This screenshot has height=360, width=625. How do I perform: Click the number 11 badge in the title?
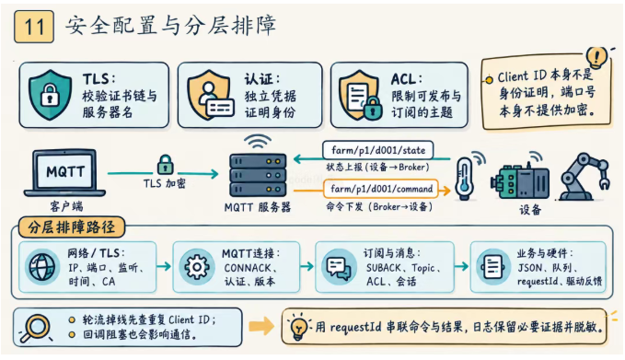[x=34, y=27]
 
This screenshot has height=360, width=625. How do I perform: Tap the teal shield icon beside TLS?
[x=50, y=95]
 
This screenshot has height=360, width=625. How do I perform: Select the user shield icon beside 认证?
[x=210, y=95]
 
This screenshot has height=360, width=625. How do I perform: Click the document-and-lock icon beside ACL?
[x=360, y=95]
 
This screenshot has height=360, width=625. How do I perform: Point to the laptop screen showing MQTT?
[x=65, y=171]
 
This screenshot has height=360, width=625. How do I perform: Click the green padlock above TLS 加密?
[x=166, y=165]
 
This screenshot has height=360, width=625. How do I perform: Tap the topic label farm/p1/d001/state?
[x=378, y=150]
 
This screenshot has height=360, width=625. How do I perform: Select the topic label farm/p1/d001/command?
[x=381, y=189]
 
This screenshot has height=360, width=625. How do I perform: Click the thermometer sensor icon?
[x=465, y=179]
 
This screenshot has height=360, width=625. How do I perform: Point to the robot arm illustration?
[x=584, y=176]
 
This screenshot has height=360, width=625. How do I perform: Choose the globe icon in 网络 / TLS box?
[x=41, y=266]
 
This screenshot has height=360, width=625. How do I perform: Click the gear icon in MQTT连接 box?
[x=196, y=266]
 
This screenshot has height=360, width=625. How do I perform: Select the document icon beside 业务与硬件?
[x=493, y=266]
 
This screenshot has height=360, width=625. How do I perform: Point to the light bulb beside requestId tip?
[x=299, y=328]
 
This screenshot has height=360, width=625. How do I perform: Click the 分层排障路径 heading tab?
[x=72, y=227]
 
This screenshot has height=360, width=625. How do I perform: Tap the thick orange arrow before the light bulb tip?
[x=261, y=327]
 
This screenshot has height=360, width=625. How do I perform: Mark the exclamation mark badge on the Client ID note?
[x=596, y=57]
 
